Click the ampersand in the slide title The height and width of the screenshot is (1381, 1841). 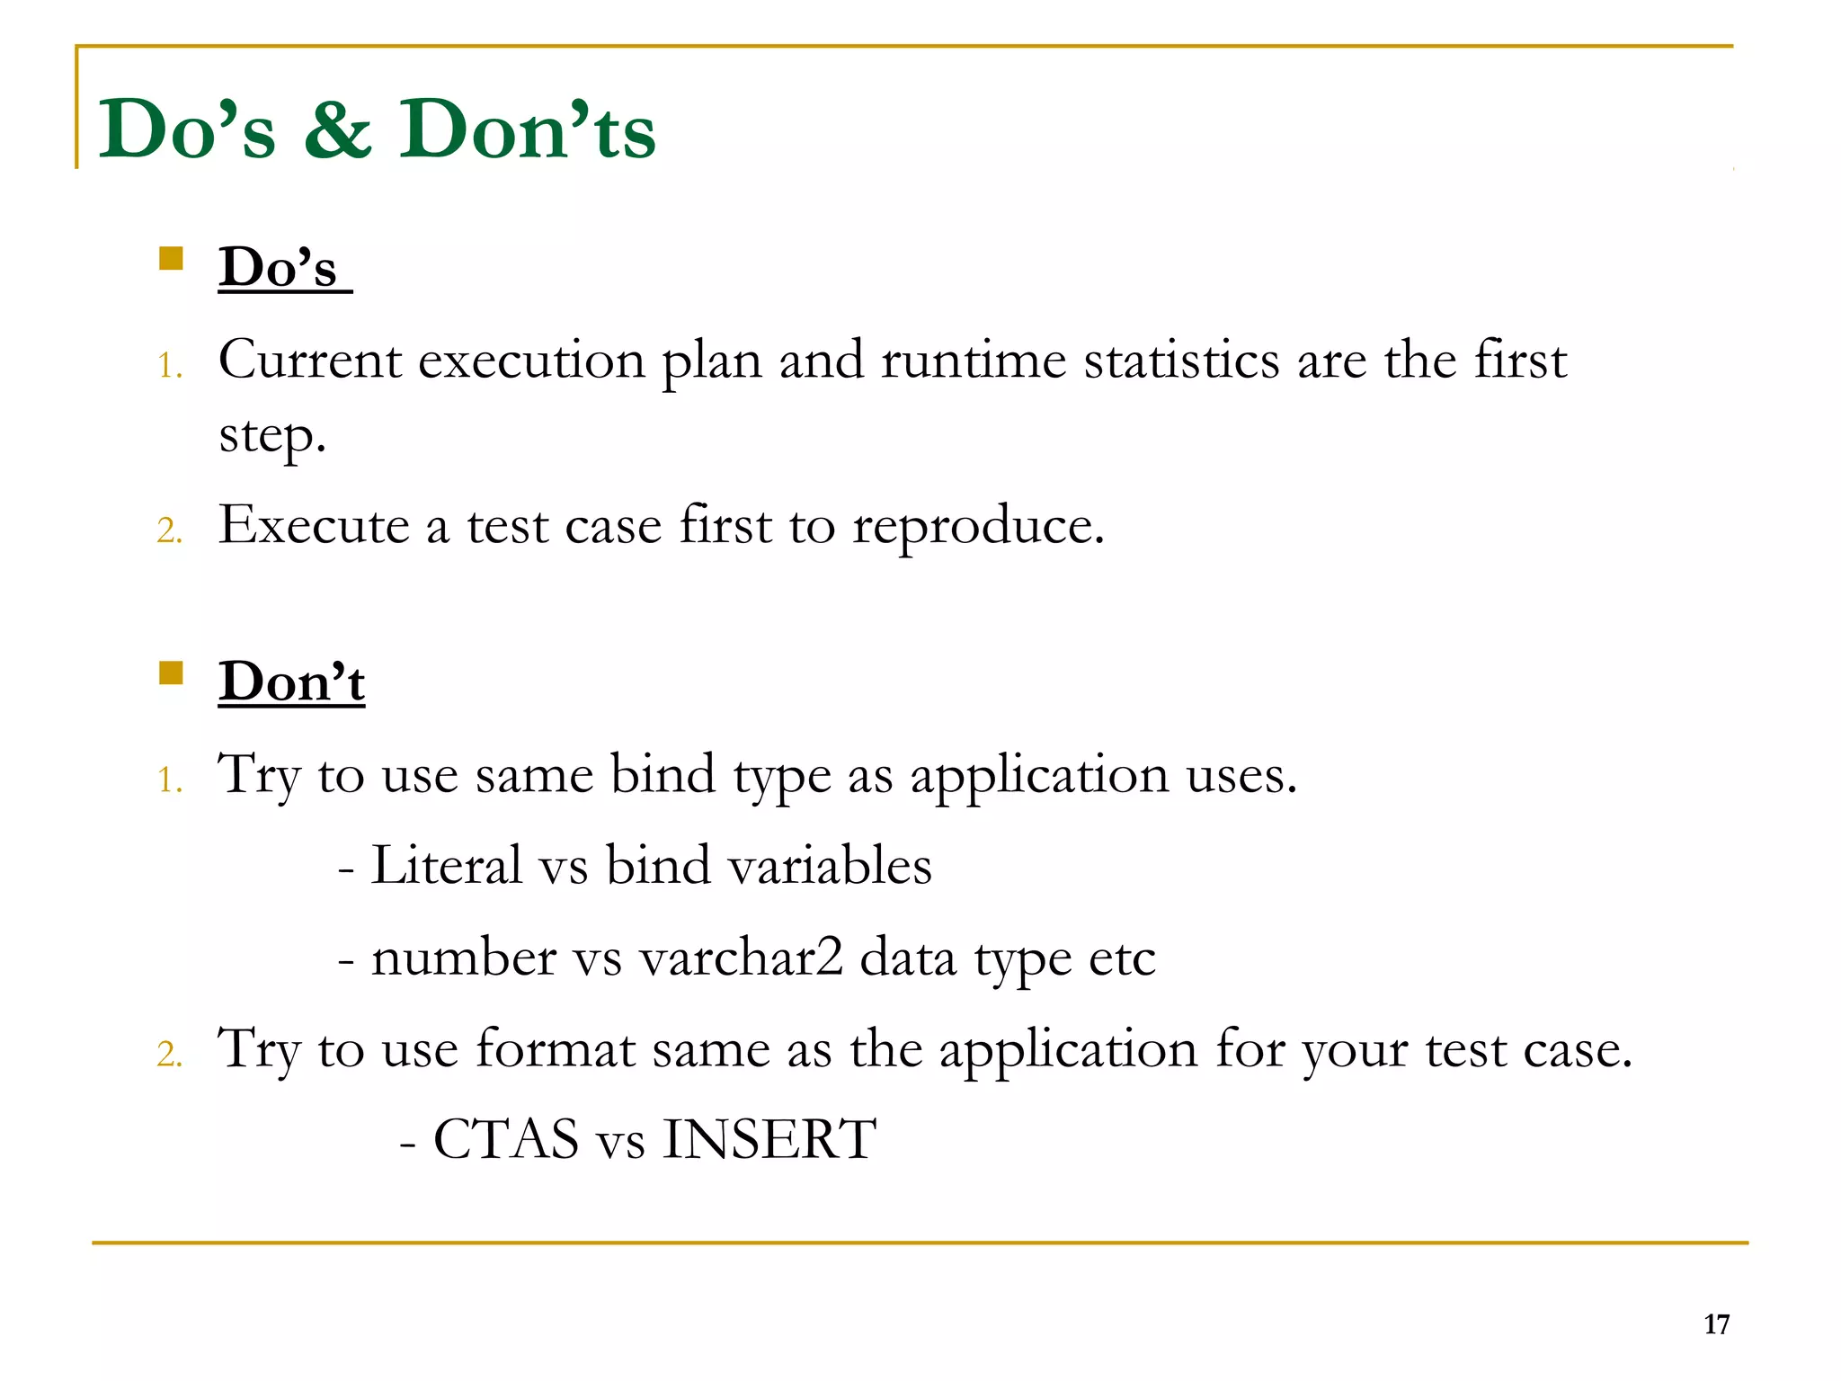coord(338,131)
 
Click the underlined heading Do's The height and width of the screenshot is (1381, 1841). coord(279,268)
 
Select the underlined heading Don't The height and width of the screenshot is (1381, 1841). coord(291,682)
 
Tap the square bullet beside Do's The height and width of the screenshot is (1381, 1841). coord(171,259)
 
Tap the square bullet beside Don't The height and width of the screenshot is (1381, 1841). coord(171,673)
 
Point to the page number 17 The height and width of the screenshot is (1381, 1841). coord(1716,1324)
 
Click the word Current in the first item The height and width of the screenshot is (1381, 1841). coord(310,360)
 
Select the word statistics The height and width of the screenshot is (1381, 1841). coord(1181,360)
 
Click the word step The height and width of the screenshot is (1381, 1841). coord(271,436)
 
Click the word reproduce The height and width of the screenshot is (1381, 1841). coord(977,527)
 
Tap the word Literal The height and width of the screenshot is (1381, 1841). coord(446,866)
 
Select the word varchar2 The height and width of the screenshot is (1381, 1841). coord(741,958)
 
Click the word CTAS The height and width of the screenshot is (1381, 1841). coord(506,1140)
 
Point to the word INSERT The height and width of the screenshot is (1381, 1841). coord(769,1140)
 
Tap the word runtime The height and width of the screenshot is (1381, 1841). coord(973,360)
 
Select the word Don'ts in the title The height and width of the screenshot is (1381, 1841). coord(528,131)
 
